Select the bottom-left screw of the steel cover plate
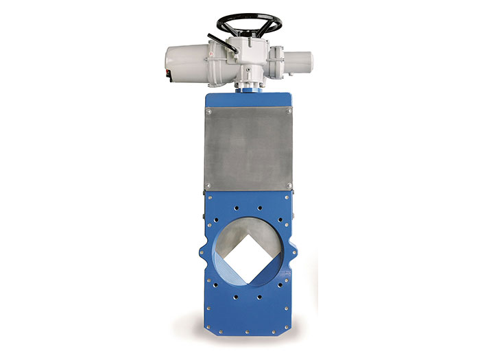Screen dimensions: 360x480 (208, 186)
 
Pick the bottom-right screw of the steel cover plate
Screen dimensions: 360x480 (289, 186)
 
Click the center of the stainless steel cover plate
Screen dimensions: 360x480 (248, 147)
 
